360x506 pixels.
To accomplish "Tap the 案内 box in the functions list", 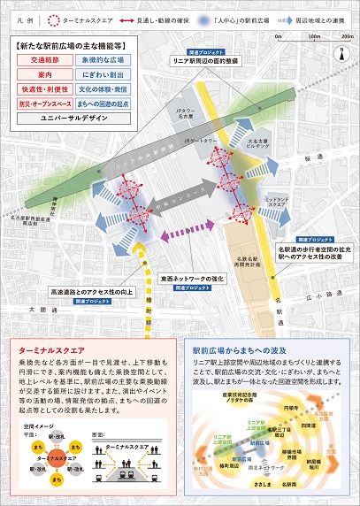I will pos(42,76).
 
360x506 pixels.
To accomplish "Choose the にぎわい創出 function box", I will pos(103,76).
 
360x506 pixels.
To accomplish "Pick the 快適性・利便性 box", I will pos(42,89).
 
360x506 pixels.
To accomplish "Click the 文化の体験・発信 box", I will pos(103,89).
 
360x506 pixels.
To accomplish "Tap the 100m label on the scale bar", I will pos(311,36).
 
